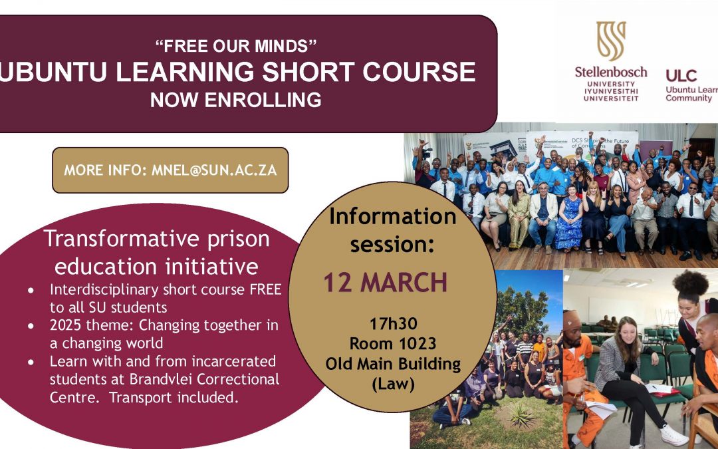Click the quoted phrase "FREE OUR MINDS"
235,47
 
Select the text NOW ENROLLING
235,100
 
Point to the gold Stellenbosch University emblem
610,41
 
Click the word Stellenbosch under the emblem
610,72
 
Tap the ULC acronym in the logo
681,75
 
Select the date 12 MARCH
386,283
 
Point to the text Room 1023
384,344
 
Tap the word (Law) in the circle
384,384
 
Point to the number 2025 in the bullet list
65,326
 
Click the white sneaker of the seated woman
673,436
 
